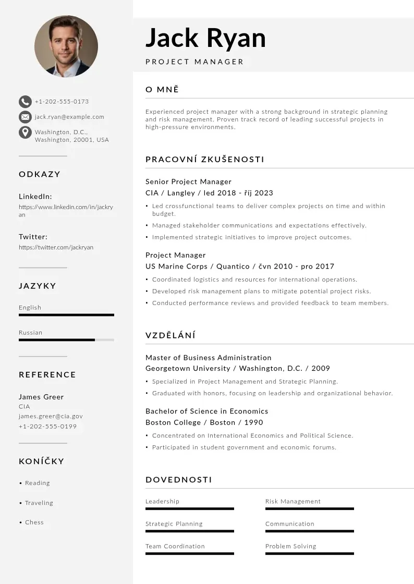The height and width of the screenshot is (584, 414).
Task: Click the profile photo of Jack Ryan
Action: pos(66,46)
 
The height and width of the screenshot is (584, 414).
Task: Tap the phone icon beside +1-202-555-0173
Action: pos(25,102)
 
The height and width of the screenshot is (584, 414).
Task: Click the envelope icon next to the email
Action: pos(25,117)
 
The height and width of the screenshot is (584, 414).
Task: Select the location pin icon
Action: pos(25,132)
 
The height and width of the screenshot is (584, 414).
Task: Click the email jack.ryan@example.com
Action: pos(69,117)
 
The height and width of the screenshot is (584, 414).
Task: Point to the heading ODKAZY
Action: pos(40,174)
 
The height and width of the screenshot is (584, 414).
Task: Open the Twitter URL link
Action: pos(56,247)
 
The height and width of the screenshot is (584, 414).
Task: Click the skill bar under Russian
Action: pos(66,340)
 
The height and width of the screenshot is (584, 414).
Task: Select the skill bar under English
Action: pos(66,315)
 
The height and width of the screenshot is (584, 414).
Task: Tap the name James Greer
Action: pos(41,397)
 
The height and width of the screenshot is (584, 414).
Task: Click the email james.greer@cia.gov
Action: pos(51,416)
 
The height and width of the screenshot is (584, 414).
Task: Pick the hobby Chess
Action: pos(34,522)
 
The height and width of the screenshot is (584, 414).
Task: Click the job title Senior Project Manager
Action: pos(188,181)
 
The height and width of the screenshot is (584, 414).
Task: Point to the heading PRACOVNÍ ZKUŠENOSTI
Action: pos(205,160)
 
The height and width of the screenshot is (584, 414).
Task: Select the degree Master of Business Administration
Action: pos(209,358)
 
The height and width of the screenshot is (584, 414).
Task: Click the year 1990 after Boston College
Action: pos(253,422)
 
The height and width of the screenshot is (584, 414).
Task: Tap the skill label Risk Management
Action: pos(293,502)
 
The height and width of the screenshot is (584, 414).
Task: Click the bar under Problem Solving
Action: pos(309,554)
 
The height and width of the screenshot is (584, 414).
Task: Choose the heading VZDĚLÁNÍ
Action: pos(171,335)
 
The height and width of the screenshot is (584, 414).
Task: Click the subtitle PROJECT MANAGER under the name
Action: pos(194,62)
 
